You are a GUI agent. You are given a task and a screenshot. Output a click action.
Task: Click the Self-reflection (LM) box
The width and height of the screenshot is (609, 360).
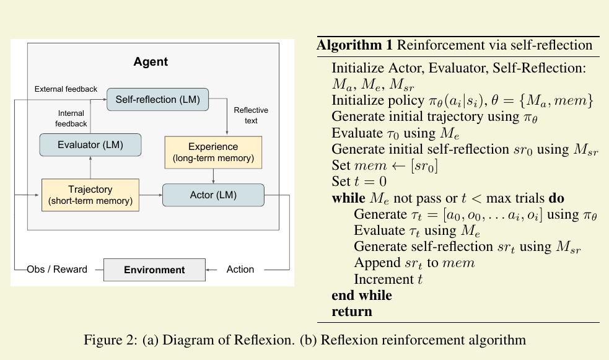coord(158,99)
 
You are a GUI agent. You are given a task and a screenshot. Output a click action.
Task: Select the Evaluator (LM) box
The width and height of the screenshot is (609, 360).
coord(90,145)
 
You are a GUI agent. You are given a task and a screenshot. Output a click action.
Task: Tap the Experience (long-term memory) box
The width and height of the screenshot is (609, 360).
coord(213,152)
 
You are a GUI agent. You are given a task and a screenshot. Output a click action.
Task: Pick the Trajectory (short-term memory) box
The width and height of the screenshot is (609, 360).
coord(90,195)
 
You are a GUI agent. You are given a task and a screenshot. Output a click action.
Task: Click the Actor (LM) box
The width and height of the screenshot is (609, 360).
coord(213,195)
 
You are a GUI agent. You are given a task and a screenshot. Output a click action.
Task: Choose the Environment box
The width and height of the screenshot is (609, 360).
coord(155,270)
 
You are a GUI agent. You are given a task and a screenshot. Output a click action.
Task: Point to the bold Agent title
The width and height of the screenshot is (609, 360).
coord(151,62)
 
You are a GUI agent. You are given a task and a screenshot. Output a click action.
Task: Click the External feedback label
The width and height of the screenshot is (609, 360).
coord(66,89)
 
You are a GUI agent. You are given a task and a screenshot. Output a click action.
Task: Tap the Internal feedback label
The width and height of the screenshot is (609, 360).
coord(71,118)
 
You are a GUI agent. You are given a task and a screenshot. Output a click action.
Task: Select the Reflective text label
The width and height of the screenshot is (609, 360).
coord(251,115)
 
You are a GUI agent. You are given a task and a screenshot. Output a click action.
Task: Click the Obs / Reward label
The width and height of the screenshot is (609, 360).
coord(57,269)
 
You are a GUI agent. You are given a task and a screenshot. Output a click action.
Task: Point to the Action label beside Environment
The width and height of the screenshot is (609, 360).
coord(240,269)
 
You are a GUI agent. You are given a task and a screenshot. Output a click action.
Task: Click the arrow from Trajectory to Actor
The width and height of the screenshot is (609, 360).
coord(151,195)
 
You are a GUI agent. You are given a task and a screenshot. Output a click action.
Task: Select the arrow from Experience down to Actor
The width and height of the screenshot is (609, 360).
coord(213,177)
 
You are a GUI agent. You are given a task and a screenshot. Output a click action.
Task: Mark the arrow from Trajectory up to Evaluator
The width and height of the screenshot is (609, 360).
coord(90,167)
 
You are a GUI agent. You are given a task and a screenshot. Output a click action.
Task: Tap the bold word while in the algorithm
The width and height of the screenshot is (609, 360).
coord(348,198)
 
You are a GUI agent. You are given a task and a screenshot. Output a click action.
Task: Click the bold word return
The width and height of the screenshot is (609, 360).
coord(352,312)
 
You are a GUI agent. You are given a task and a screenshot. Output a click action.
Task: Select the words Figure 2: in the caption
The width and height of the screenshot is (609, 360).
coord(111,340)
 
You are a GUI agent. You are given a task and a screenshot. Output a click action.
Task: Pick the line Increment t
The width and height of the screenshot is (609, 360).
coord(388,279)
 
